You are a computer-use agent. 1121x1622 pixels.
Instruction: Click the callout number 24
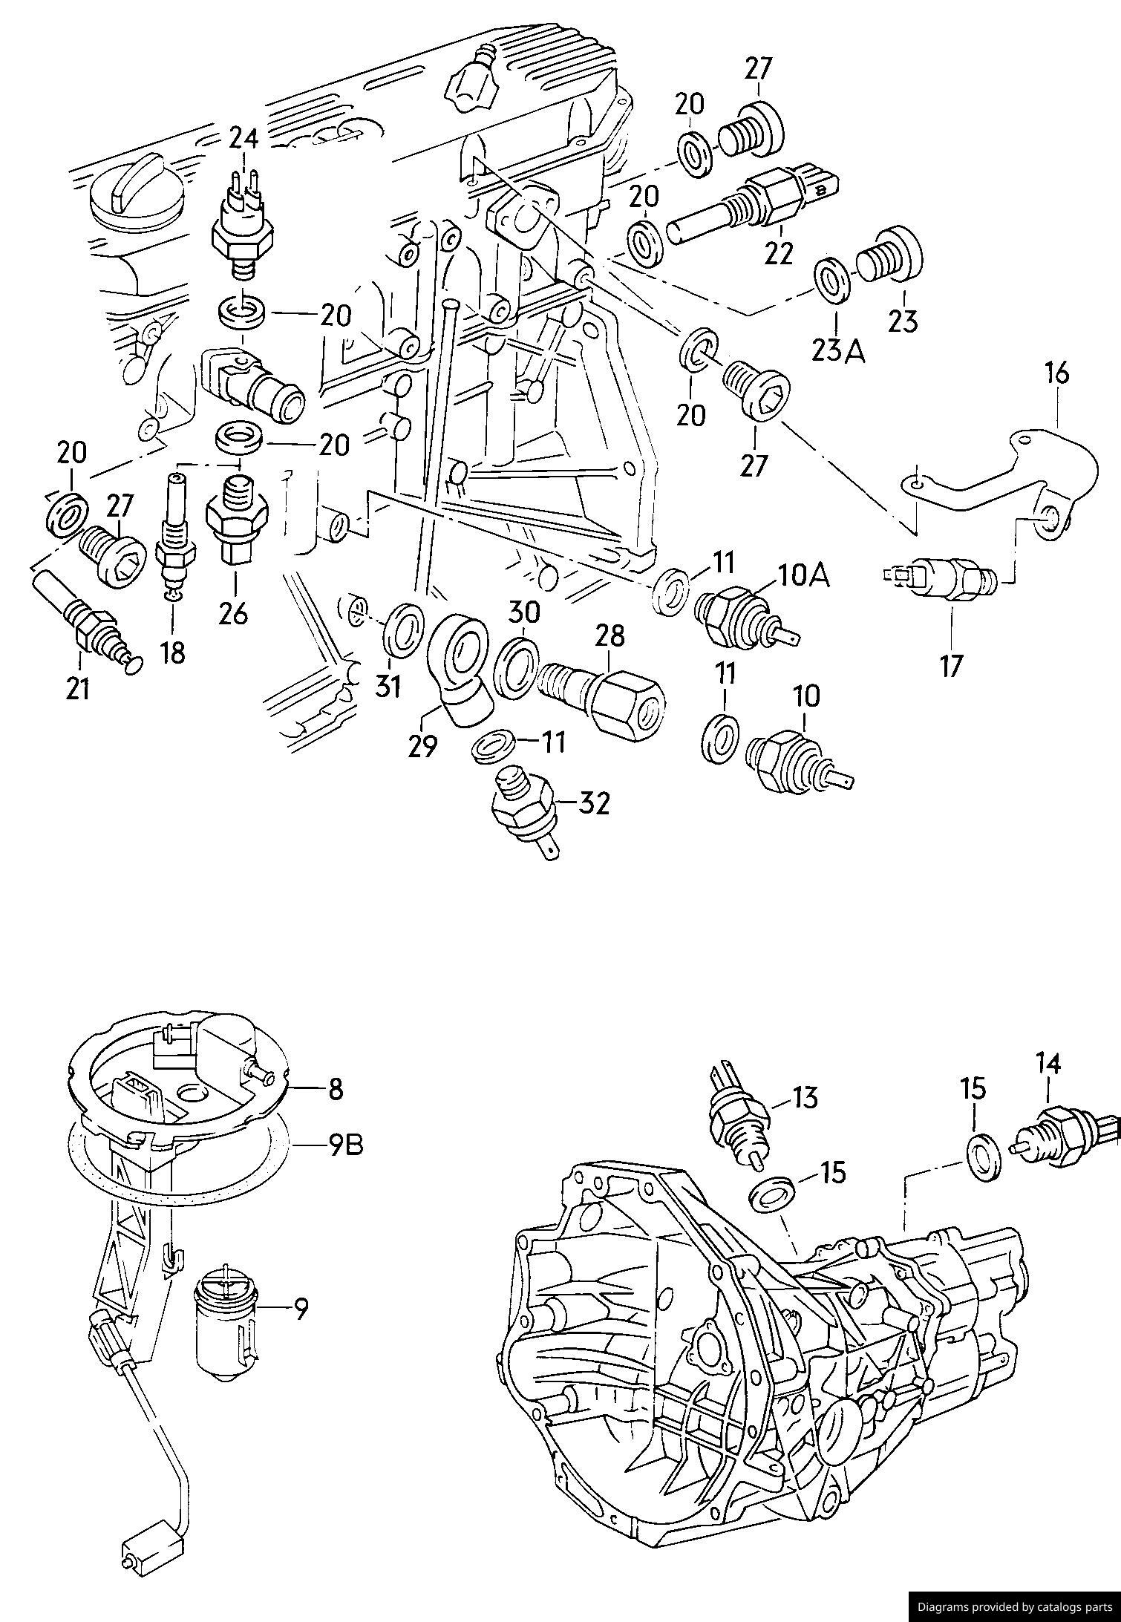(x=244, y=138)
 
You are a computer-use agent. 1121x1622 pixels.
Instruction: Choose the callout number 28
(x=609, y=635)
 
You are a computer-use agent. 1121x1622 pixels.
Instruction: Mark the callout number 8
(x=335, y=1090)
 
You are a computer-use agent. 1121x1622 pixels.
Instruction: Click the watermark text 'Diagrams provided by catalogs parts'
(x=1015, y=1607)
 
